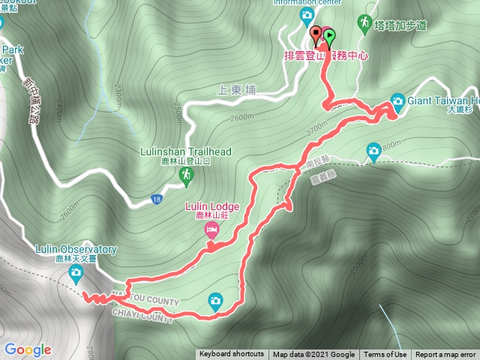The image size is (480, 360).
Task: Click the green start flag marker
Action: coord(330,35)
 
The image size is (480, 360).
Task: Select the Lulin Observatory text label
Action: coord(76,249)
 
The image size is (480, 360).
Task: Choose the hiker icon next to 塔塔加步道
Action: coord(365,23)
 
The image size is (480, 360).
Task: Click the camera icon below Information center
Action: coord(307,15)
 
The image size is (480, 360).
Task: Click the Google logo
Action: coord(28,349)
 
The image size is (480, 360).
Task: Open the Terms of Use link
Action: coord(385,355)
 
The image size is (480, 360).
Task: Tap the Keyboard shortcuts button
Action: coord(231,355)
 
